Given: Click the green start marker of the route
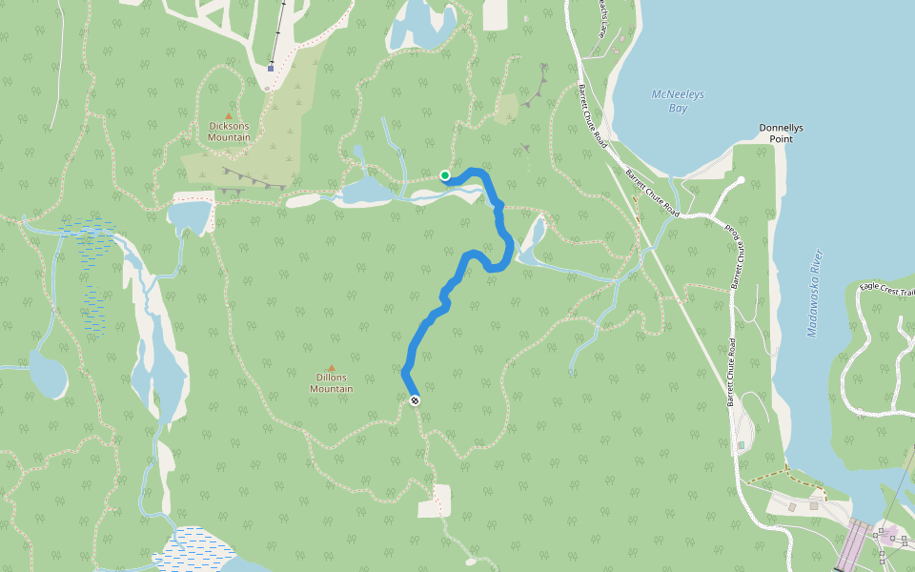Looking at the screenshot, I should point(445,175).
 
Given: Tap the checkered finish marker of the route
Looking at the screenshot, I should point(415,400).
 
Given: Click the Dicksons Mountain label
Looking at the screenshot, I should point(230,131).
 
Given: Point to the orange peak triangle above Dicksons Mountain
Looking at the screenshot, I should point(229,115).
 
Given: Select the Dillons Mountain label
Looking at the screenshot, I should point(331,383).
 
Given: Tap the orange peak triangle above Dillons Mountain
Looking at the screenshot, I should point(332,368).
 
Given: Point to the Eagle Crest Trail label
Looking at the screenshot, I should point(885,286).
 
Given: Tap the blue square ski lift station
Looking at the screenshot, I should point(271,68).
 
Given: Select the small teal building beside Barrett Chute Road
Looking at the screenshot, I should point(741,445).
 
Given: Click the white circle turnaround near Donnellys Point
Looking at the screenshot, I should point(741,179).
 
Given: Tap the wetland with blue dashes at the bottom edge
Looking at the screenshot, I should point(197,551).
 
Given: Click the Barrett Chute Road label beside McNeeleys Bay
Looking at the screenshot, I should point(591,116).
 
